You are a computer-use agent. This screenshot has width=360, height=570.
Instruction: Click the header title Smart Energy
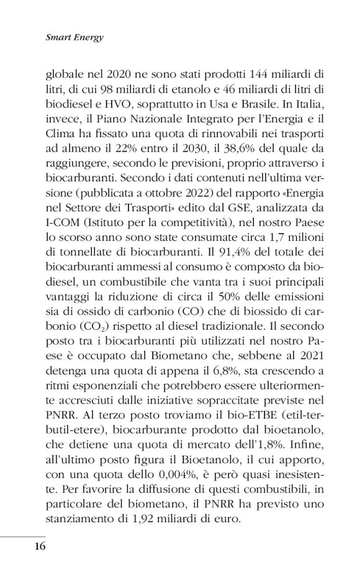[74, 37]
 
